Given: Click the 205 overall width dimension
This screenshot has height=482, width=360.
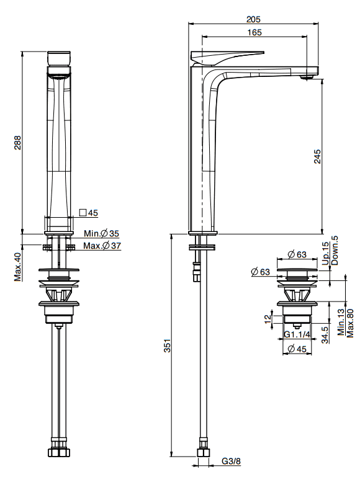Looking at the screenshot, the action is click(253, 19).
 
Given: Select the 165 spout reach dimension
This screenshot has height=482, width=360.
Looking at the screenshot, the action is click(254, 32).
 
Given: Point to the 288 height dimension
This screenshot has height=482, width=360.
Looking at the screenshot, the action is click(17, 142).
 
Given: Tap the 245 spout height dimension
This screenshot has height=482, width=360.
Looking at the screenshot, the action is click(317, 156).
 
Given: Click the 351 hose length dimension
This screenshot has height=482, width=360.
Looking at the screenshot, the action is click(167, 346).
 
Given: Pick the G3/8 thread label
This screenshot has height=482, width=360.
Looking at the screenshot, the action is click(231, 462).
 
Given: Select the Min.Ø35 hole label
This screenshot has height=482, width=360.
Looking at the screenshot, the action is click(101, 233).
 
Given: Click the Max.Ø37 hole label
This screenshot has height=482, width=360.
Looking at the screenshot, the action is click(102, 246).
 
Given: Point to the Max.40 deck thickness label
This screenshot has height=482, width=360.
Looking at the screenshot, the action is click(17, 267).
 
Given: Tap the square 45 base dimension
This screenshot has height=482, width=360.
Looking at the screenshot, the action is click(89, 213).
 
